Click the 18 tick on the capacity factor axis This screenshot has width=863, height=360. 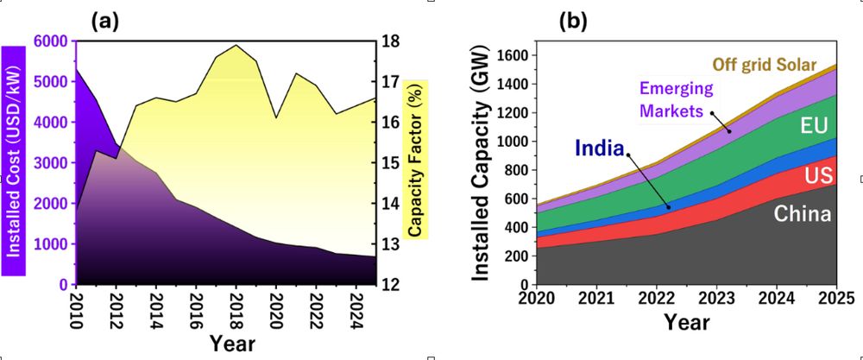point(389,41)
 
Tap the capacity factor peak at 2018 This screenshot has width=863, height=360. point(236,45)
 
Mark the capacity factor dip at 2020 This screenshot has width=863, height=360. point(275,117)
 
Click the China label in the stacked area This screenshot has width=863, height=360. point(802,212)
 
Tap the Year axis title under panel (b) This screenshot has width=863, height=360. point(686,322)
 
